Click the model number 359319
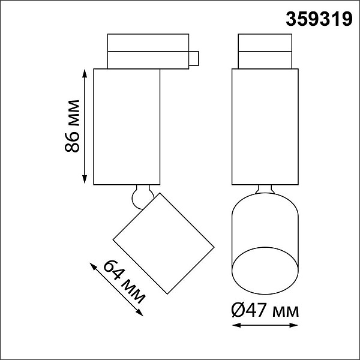pos(319,19)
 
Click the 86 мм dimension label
pos(72,126)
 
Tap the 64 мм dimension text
pos(124,282)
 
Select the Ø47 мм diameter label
pos(265,310)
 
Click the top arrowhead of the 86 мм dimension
pos(85,74)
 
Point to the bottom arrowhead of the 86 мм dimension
pos(85,179)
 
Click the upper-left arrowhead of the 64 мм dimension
pos(93,267)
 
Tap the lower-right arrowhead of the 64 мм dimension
pos(140,313)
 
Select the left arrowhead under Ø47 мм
pos(237,325)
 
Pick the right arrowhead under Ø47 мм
pos(293,325)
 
